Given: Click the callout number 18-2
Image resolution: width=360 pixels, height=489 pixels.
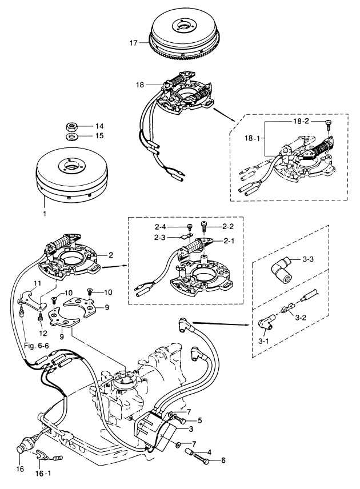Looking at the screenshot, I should tap(302, 122).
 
